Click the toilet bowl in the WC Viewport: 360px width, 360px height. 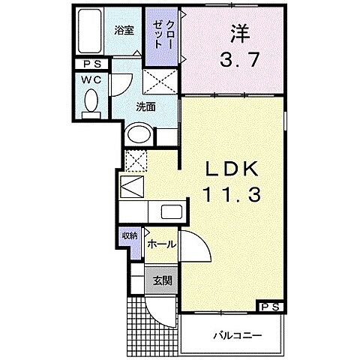point(91,101)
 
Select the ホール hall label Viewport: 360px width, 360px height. point(161,244)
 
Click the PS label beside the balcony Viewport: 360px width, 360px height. point(271,307)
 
